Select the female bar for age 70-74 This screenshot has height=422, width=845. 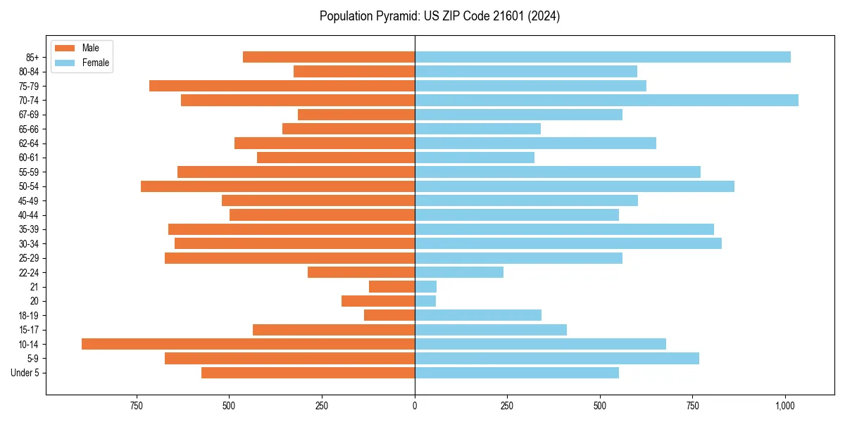(x=606, y=100)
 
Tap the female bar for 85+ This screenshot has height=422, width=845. (x=602, y=57)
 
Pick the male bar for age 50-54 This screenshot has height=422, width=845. (x=277, y=186)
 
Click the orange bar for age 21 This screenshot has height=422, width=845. (x=392, y=287)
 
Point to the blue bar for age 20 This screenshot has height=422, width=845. (x=425, y=301)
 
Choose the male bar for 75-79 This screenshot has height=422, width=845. (x=282, y=86)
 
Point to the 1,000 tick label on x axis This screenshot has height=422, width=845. (x=785, y=406)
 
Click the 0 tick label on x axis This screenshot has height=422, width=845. (x=415, y=406)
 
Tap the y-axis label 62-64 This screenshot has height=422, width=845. (x=29, y=143)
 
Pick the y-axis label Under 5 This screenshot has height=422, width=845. (x=25, y=373)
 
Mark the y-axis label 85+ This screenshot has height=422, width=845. (x=32, y=57)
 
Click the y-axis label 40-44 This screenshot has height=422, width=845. (x=29, y=215)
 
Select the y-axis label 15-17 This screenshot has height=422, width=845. (x=29, y=330)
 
